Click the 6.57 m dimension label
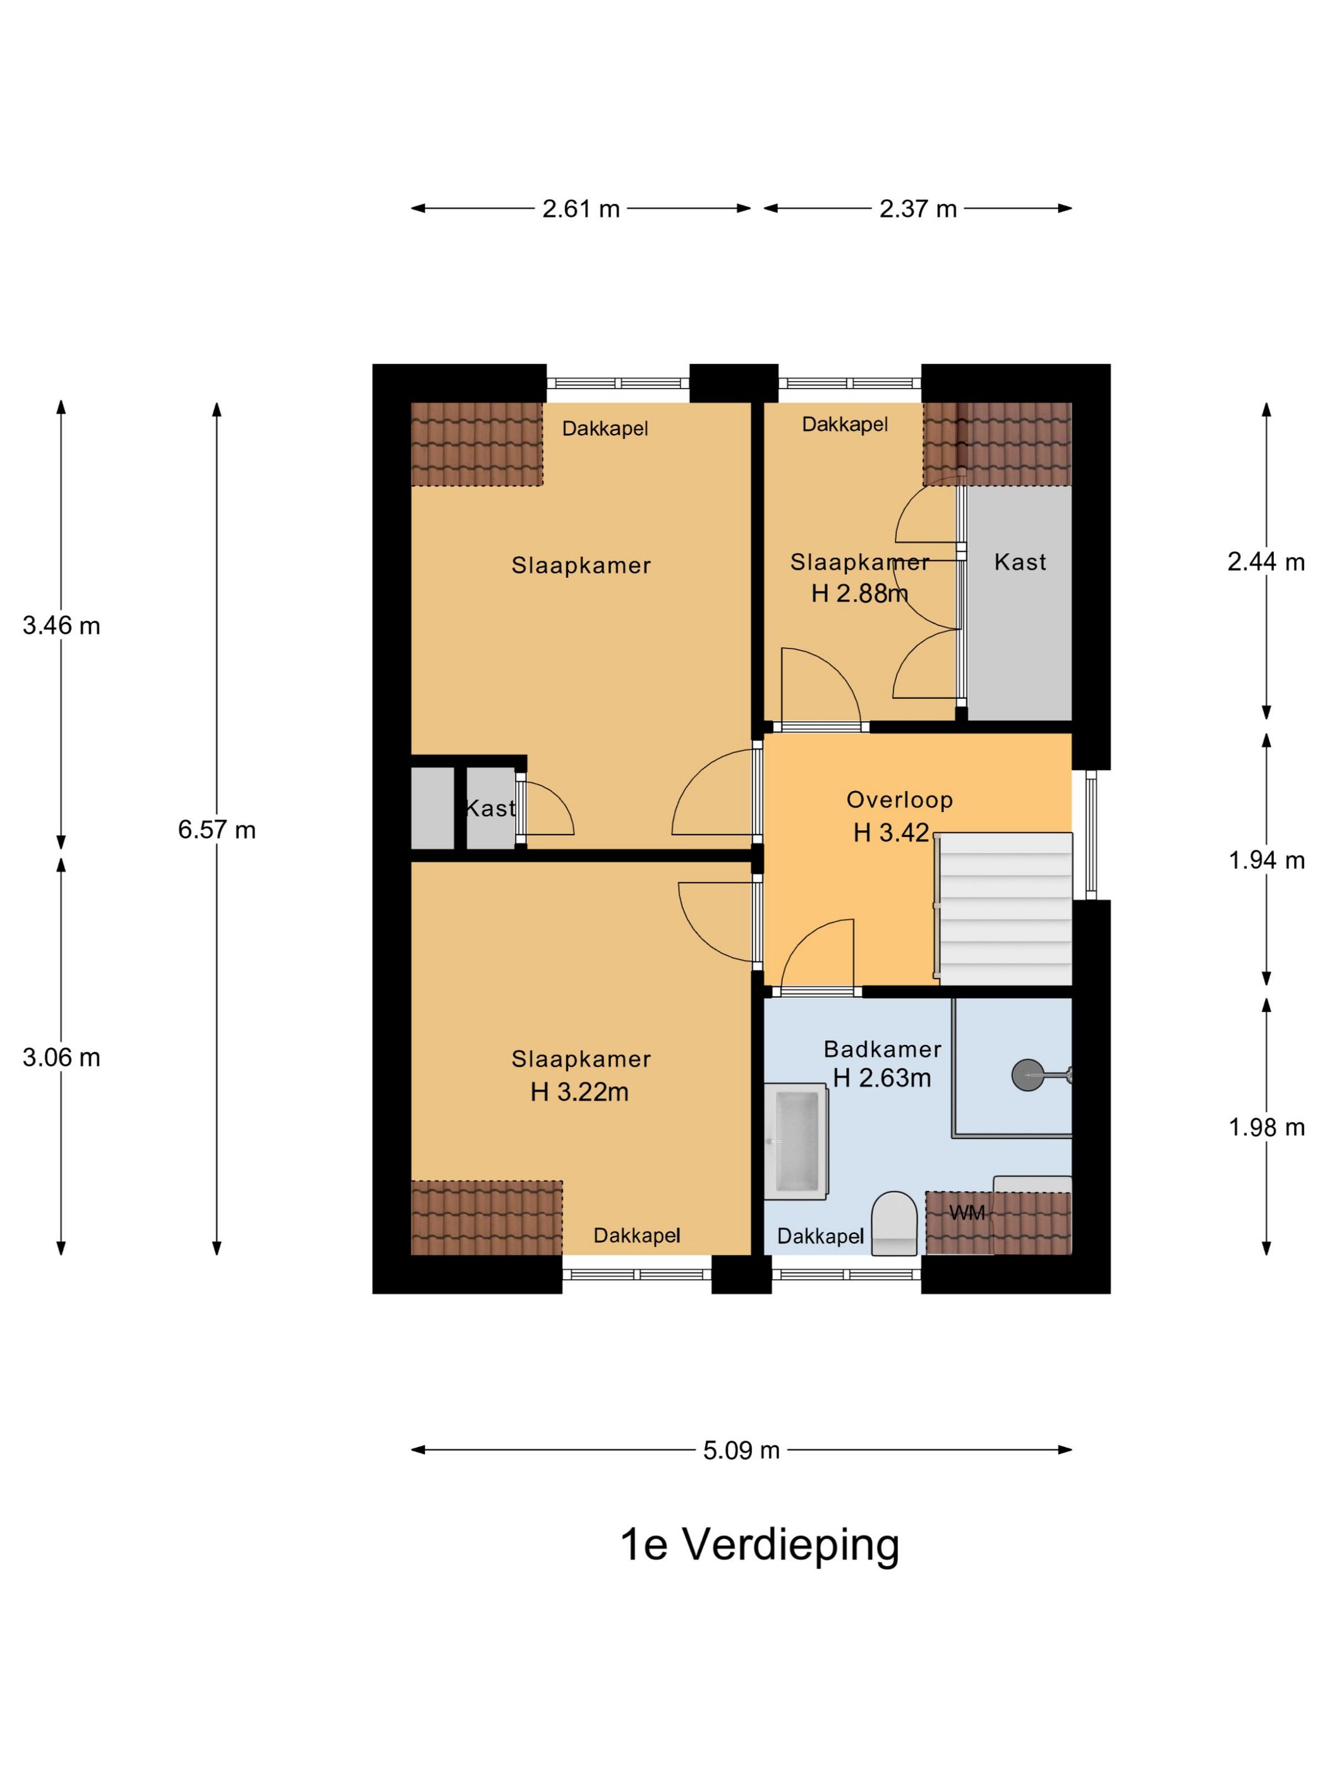pos(217,830)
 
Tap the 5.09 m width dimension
pos(741,1450)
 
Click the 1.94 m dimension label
pos(1266,860)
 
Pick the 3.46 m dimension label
pos(61,625)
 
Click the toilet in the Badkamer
pos(894,1224)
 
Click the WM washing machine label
pos(967,1213)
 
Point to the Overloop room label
pos(900,800)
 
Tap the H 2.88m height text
pos(860,593)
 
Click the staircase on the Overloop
pos(1004,909)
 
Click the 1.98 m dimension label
pos(1266,1128)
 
